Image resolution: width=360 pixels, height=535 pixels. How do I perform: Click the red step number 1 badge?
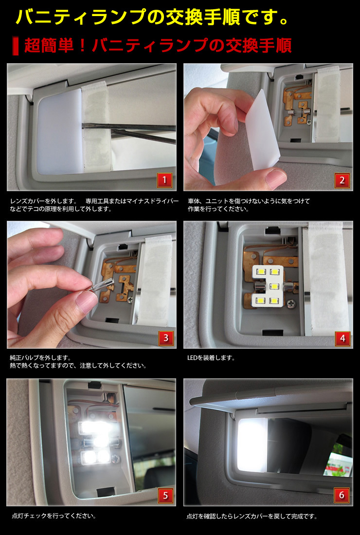click(164, 181)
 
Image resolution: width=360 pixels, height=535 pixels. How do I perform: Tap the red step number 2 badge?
click(342, 181)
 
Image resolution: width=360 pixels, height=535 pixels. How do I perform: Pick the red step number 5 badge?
click(164, 496)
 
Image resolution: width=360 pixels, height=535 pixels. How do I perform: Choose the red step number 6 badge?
click(342, 496)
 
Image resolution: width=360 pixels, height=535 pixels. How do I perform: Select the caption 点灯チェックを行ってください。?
click(54, 516)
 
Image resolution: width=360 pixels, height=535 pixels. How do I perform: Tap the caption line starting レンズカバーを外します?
click(43, 201)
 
